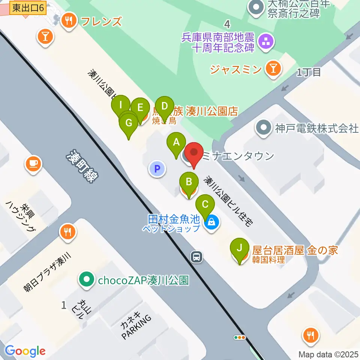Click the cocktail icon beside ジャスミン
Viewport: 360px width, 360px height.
click(x=273, y=69)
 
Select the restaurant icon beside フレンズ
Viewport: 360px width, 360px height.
click(x=68, y=21)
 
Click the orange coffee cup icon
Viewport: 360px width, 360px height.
click(x=33, y=163)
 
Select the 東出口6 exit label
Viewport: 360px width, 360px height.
click(x=27, y=7)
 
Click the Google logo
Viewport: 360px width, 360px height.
click(x=25, y=351)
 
